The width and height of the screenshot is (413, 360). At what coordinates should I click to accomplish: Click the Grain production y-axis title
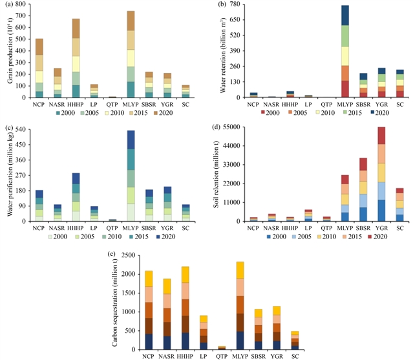click(8, 52)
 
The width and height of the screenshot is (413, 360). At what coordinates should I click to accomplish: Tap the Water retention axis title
click(217, 52)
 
